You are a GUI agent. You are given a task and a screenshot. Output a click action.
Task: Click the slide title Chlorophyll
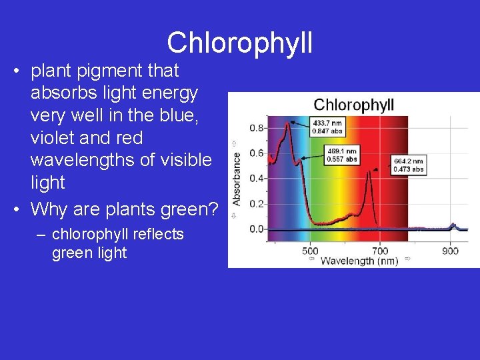[240, 43]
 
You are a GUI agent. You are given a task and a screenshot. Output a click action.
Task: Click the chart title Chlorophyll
[353, 105]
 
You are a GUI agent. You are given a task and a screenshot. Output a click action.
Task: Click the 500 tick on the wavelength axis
[310, 251]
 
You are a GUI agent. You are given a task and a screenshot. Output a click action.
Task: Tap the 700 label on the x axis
[380, 251]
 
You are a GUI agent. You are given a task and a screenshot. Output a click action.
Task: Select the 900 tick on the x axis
[450, 251]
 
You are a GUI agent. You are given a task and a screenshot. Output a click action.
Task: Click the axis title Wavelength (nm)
[359, 261]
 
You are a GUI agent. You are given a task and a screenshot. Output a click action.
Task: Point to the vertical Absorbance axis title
[237, 179]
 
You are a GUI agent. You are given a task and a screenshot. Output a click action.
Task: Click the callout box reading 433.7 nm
[328, 127]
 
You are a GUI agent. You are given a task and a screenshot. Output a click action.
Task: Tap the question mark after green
[213, 209]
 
